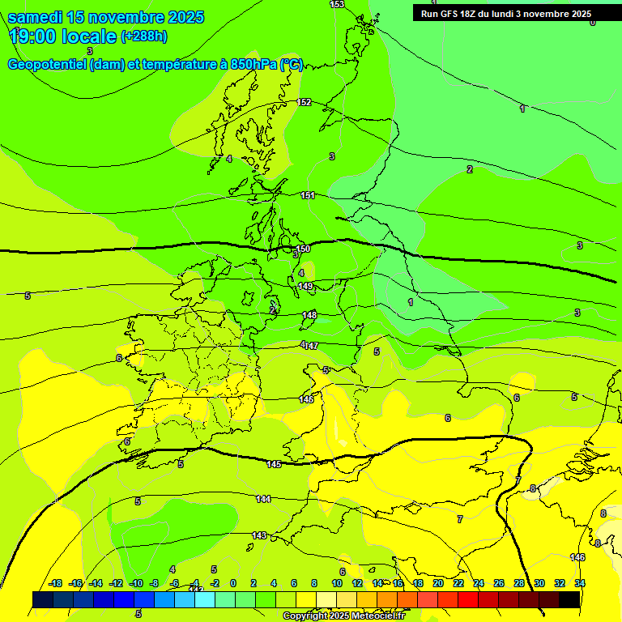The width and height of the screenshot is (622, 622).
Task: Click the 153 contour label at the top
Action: (x=337, y=5)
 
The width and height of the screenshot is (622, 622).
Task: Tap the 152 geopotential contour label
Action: (x=304, y=103)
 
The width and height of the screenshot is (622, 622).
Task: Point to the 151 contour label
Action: (x=308, y=195)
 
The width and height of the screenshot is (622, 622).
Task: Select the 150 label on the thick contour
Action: (x=303, y=249)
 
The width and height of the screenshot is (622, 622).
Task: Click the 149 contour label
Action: (x=305, y=286)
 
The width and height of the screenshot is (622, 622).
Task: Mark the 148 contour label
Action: (x=309, y=315)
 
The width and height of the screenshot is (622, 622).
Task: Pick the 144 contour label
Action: (x=263, y=499)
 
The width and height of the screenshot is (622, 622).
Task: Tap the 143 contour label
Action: (x=259, y=535)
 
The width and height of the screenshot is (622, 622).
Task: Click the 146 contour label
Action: (x=577, y=557)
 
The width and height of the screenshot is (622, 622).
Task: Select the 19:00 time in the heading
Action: (x=32, y=36)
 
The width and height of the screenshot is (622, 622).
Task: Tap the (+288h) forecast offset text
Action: (x=144, y=36)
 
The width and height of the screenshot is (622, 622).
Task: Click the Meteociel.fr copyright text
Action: (x=343, y=616)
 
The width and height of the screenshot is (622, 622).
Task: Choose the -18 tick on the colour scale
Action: (x=56, y=583)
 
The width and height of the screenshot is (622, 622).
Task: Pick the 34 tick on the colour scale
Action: (x=580, y=583)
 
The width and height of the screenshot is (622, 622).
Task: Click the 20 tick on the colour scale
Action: (x=438, y=583)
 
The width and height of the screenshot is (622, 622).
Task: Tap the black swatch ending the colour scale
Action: (x=569, y=599)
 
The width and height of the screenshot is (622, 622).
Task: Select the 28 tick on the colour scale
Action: (x=519, y=583)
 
